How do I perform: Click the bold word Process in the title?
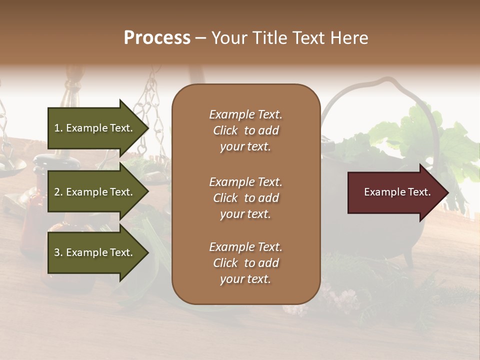click(x=157, y=37)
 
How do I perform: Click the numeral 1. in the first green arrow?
click(x=58, y=128)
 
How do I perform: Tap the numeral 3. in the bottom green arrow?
click(x=58, y=252)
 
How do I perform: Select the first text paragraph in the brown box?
click(x=245, y=130)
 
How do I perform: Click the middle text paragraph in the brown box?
click(x=245, y=198)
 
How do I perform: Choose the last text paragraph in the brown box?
click(x=245, y=263)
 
